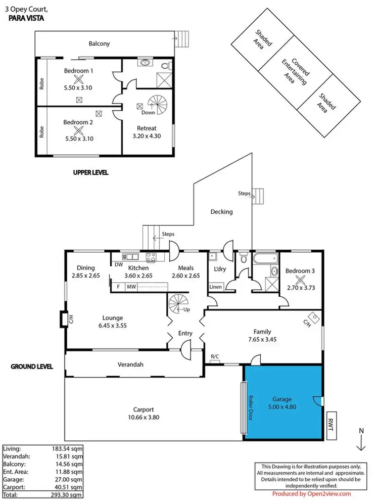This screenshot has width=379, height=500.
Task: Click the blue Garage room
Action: (x=283, y=403)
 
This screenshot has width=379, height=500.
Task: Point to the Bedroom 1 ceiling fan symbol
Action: (x=78, y=79)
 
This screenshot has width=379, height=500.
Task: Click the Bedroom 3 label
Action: (x=300, y=271)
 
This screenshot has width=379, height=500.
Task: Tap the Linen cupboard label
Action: (x=215, y=287)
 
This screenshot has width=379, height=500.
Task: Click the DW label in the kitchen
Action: (x=119, y=264)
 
